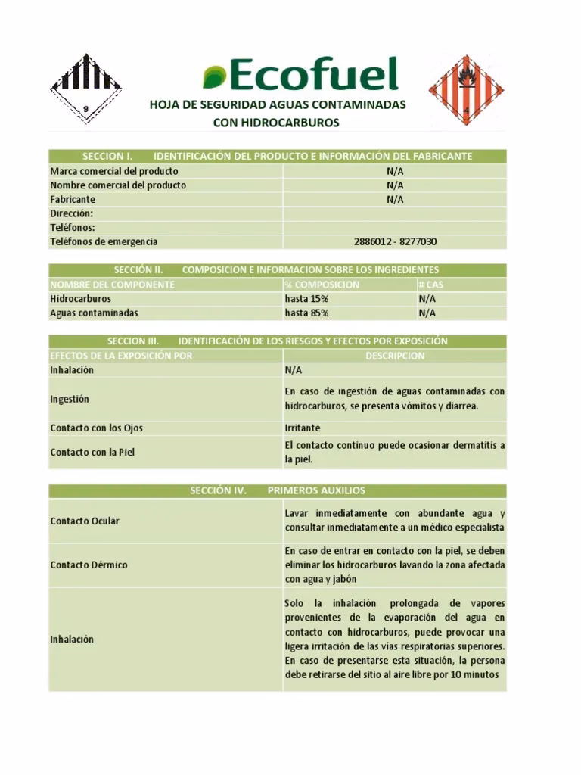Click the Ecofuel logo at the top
click(x=300, y=76)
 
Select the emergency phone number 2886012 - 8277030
click(x=395, y=241)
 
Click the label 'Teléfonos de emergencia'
click(x=104, y=241)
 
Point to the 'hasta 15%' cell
click(x=306, y=299)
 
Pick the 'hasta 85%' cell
click(x=306, y=313)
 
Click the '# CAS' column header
click(x=431, y=285)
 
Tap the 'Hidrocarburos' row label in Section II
click(x=80, y=299)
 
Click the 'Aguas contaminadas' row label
click(x=94, y=313)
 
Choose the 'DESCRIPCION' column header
click(x=395, y=356)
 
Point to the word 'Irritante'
click(x=303, y=428)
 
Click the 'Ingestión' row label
click(x=70, y=399)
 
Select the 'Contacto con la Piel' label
click(x=92, y=452)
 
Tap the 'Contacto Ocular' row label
click(x=84, y=521)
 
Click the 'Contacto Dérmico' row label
click(x=89, y=565)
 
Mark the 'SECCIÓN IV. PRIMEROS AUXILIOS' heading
click(x=278, y=490)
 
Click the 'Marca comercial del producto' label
click(x=114, y=171)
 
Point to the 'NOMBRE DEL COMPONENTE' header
click(x=113, y=285)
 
